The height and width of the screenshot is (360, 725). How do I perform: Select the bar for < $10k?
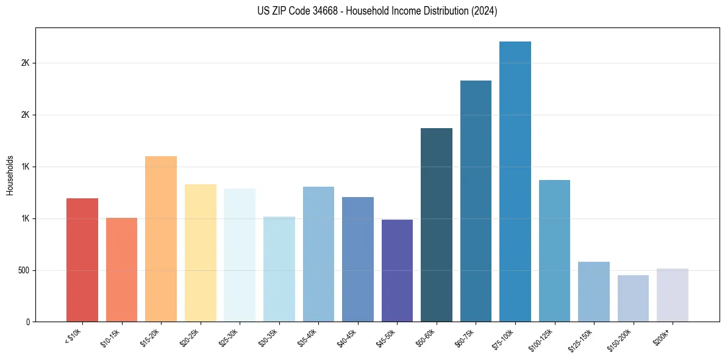point(82,260)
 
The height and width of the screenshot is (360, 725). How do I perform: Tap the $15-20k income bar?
point(161,239)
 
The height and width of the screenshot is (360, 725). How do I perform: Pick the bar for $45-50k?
point(397,270)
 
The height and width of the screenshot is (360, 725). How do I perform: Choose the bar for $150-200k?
point(633,298)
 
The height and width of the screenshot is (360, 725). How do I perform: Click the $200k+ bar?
point(673,295)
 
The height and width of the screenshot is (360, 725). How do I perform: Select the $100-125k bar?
point(554,251)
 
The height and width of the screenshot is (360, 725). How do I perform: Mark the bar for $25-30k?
point(240,255)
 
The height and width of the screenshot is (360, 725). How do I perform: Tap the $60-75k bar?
point(476,201)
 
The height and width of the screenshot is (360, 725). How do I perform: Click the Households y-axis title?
point(10,175)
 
